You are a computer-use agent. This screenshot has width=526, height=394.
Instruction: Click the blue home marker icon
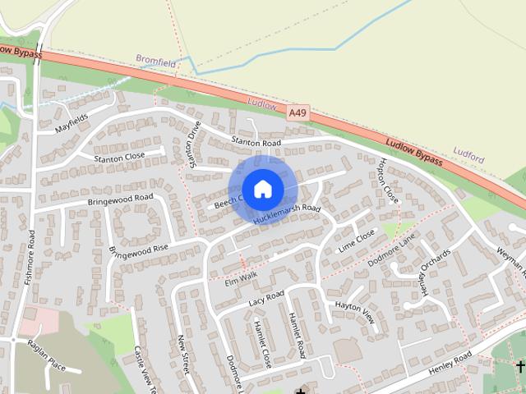pyautogui.click(x=262, y=190)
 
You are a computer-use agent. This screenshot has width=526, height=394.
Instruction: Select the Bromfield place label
pyautogui.click(x=155, y=60)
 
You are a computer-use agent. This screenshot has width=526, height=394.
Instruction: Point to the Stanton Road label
pyautogui.click(x=256, y=142)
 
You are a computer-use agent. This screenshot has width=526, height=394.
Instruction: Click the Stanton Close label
pyautogui.click(x=119, y=156)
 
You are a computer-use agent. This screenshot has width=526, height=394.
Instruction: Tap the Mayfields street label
pyautogui.click(x=72, y=124)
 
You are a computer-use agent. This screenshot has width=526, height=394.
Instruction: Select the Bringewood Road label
pyautogui.click(x=121, y=198)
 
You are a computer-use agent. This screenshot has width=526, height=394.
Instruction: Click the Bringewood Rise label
pyautogui.click(x=138, y=248)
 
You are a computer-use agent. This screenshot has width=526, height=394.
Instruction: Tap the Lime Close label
pyautogui.click(x=356, y=240)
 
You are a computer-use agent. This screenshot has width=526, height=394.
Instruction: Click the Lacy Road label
pyautogui.click(x=265, y=299)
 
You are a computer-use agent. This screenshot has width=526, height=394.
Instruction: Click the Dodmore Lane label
pyautogui.click(x=392, y=250)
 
